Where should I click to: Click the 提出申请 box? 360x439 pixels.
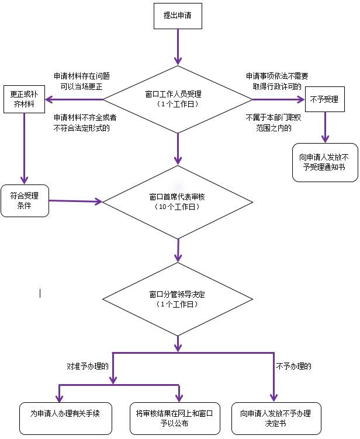point(178,16)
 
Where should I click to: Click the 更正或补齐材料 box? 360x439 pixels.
point(24,99)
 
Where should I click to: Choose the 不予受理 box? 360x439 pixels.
point(325,99)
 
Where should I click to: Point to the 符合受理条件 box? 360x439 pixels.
point(25,201)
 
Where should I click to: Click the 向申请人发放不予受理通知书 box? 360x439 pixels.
point(325,162)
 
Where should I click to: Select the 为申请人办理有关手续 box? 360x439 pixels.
point(65,419)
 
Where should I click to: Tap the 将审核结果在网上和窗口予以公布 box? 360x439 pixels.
point(175,419)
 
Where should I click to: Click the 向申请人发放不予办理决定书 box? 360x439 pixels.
point(276,419)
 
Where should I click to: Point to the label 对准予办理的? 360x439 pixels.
point(88,366)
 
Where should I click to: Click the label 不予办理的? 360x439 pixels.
point(293,366)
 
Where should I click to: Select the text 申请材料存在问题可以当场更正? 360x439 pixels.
point(82,81)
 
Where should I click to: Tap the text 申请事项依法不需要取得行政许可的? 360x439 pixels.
point(277,81)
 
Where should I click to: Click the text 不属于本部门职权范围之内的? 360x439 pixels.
point(274,123)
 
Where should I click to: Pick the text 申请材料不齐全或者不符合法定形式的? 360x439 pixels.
point(85,123)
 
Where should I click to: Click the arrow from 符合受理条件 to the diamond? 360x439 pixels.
point(76,201)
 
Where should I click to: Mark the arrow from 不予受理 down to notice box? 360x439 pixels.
point(326,128)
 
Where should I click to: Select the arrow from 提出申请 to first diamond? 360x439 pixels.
point(178,47)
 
